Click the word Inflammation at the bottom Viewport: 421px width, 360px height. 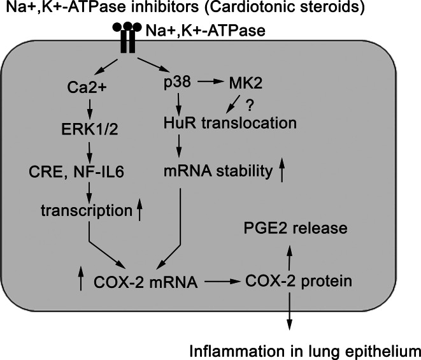[231, 349]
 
